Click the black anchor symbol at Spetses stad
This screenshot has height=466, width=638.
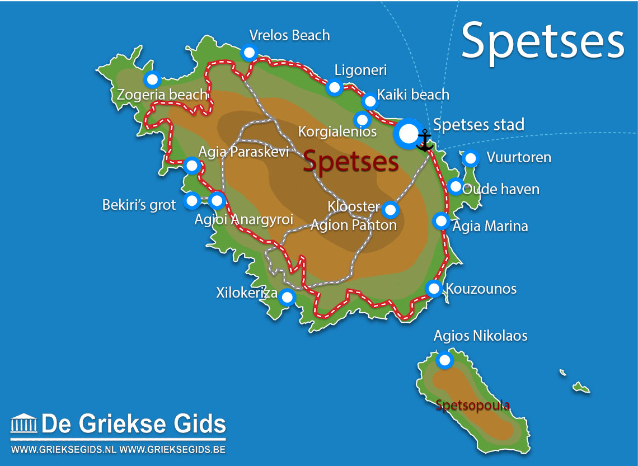coord(425,140)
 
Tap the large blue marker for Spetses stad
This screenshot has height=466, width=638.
coord(409,133)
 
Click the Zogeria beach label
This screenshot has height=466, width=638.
coord(162,95)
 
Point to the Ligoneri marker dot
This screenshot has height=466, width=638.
coord(334,87)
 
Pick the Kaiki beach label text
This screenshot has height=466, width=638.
coord(413,95)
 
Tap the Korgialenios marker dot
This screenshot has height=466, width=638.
coord(363,119)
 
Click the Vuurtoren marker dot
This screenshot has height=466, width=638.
coord(471,159)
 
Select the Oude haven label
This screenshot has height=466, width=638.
coord(501,189)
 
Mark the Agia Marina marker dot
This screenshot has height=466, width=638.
coord(441,221)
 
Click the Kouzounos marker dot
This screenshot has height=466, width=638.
coord(434,288)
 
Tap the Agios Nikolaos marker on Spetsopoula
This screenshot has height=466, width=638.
coord(444,360)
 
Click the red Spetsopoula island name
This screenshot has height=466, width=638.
coord(472,405)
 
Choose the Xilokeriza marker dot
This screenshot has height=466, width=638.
coord(287,297)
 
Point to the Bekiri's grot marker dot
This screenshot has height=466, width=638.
coord(192,200)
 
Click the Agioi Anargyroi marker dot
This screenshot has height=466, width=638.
coord(217,200)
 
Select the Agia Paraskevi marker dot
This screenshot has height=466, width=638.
coord(192,166)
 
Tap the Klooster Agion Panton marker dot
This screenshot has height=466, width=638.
coord(390,210)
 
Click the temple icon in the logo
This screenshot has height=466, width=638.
coord(24,424)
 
